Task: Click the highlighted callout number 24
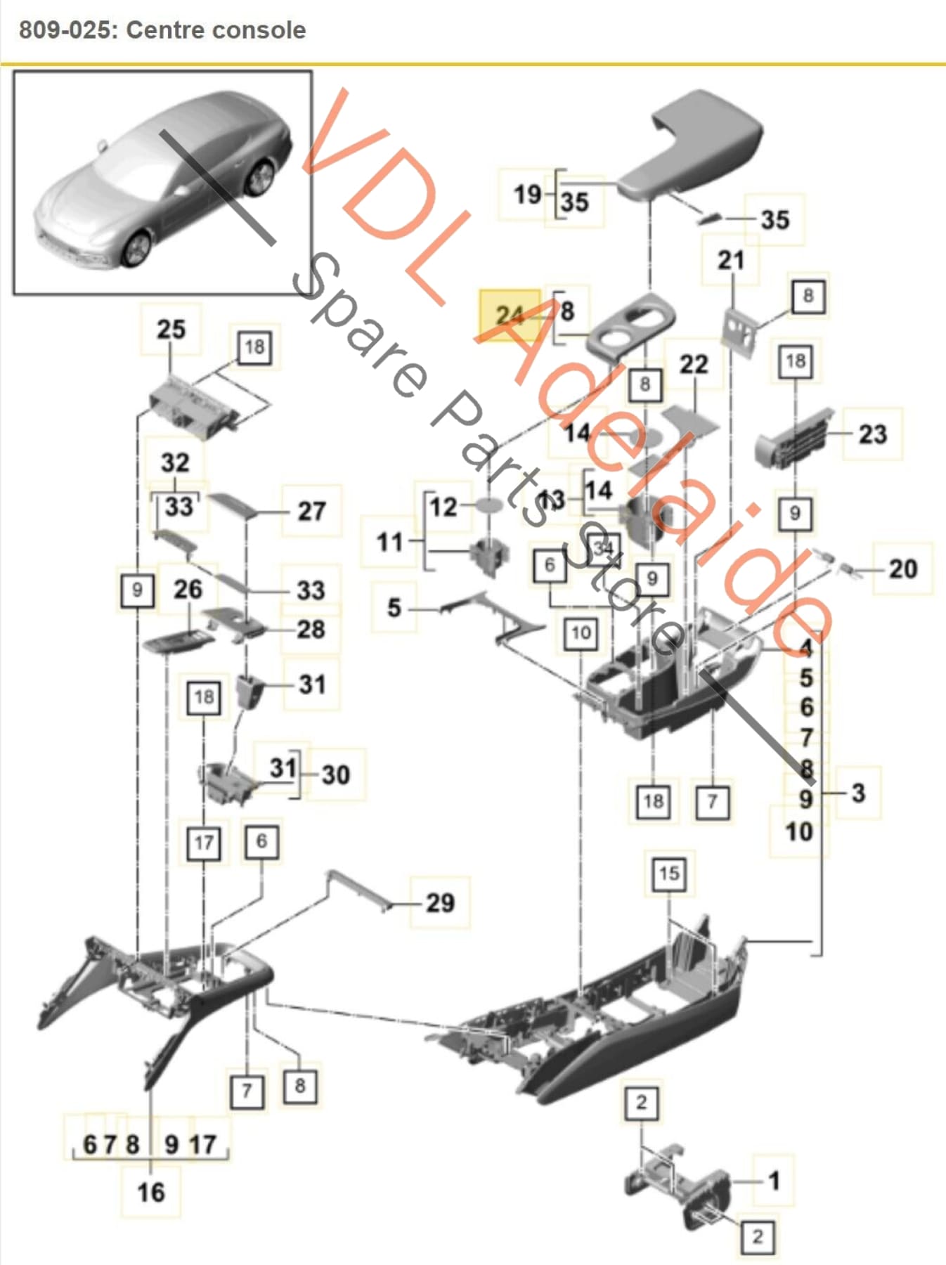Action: [510, 314]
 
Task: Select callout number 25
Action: [171, 329]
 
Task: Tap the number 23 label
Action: [872, 434]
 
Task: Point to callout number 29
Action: [440, 902]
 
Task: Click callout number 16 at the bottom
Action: [151, 1192]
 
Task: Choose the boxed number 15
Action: [668, 874]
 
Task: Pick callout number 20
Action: [903, 569]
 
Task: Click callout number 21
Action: [731, 261]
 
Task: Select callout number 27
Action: [311, 511]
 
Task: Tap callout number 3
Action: [858, 793]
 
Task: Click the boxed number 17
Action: [204, 843]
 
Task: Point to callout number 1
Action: [774, 1181]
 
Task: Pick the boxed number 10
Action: [581, 632]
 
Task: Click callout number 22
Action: [694, 364]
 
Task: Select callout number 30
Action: [336, 774]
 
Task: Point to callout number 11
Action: [389, 542]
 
